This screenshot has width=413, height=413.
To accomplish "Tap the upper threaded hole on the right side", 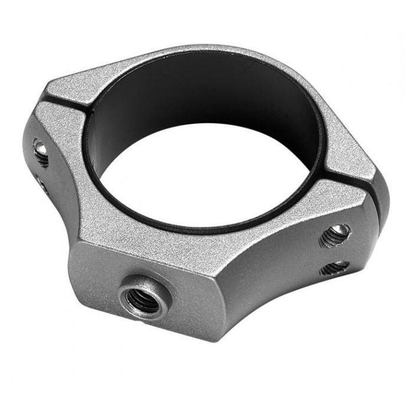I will click(x=335, y=235).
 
